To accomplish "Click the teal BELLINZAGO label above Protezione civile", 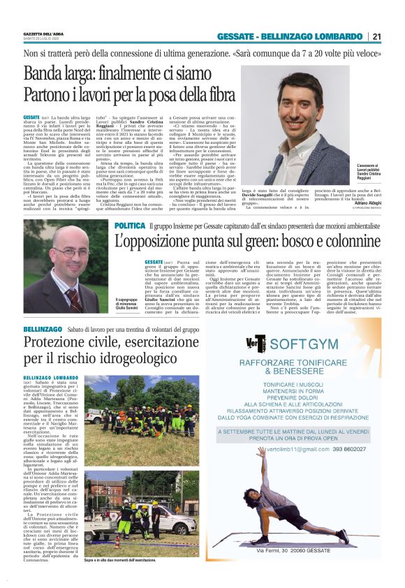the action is tap(41, 328).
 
